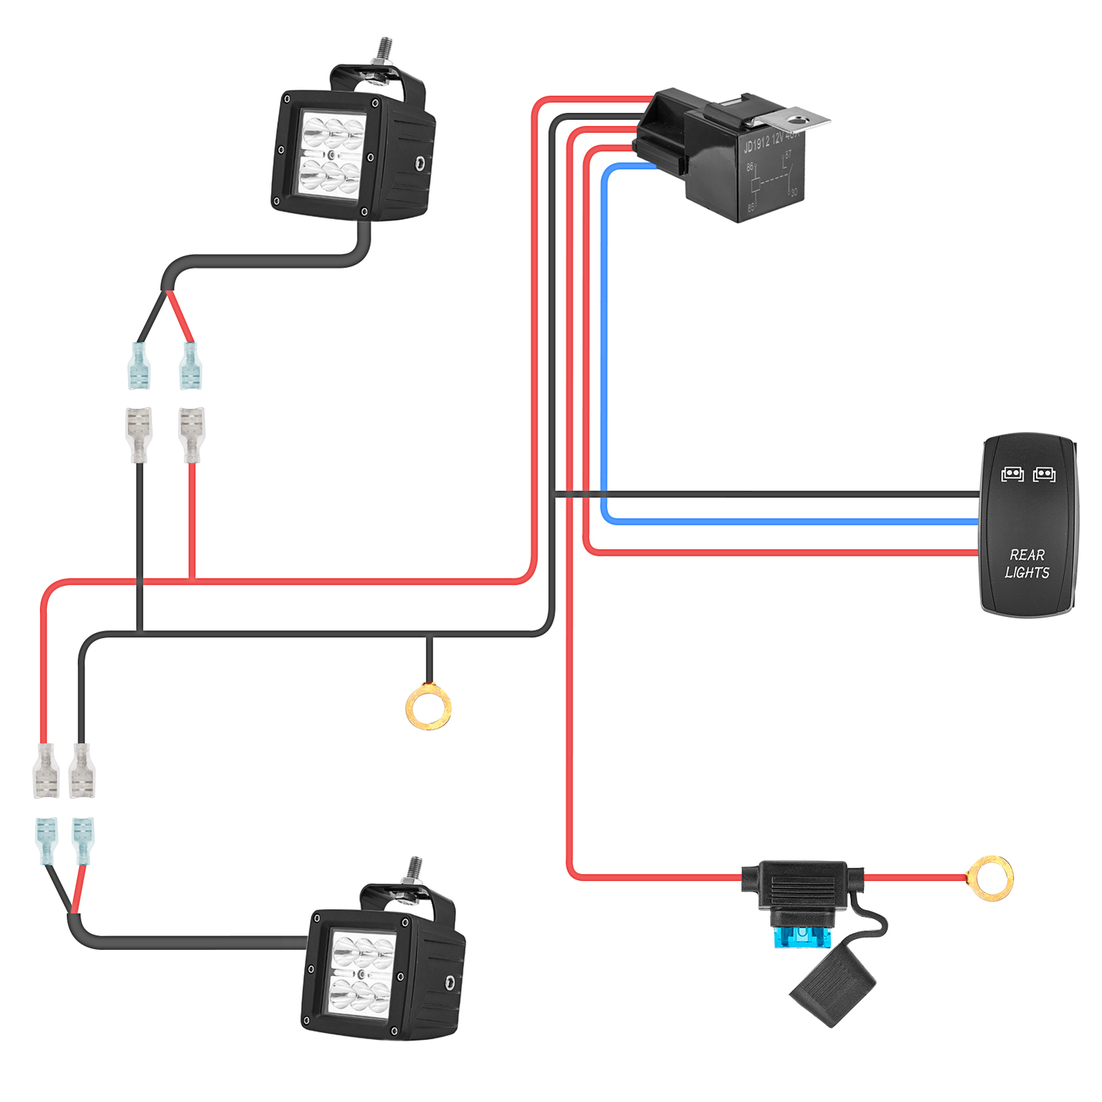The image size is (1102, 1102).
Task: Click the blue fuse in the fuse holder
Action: point(801,936)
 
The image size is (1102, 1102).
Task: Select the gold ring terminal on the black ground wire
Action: point(428,706)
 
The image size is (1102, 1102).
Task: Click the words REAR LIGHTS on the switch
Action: point(1027,563)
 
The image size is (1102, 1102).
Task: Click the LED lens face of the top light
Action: point(332,154)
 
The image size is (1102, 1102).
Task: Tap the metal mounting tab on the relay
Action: point(799,121)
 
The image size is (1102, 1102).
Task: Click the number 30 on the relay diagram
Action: point(793,192)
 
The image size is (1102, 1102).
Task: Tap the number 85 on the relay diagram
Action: point(751,207)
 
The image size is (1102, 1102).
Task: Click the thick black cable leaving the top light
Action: point(275,262)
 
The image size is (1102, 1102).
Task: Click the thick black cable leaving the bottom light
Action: point(193,942)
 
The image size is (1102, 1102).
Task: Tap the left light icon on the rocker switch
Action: point(1012,474)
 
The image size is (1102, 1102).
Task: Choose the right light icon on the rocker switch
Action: point(1044,474)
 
